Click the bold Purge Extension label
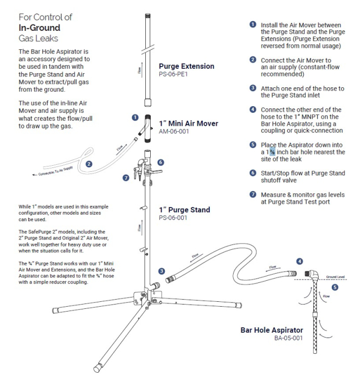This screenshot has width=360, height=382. coord(187,67)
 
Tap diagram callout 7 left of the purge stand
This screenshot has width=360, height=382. coord(125,177)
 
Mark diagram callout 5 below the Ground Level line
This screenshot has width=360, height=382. coord(334,288)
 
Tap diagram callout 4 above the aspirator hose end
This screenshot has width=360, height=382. coord(299,261)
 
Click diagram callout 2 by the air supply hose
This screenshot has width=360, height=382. coord(89,163)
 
